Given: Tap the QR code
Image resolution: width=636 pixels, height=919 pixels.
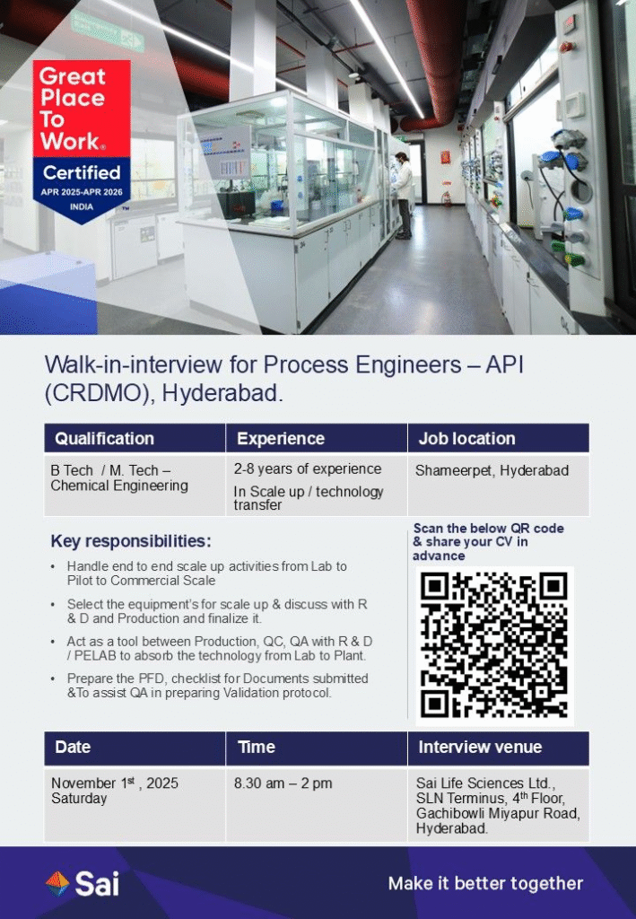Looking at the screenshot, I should coord(494,645).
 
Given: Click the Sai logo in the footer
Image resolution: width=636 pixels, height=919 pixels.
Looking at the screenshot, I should coord(83,883).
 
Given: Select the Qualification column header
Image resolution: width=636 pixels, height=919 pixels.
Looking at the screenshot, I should coord(105,439).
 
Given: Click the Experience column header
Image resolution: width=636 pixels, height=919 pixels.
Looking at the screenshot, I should coord(281,439).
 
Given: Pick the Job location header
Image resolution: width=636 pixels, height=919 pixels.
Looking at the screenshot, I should coord(466,439).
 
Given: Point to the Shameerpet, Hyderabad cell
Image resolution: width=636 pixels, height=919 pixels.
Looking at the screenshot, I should coord(492,470).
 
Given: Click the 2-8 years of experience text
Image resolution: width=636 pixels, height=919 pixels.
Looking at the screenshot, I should coord(308,468).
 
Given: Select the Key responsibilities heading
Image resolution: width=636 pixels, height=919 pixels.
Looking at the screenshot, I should coord(131,541).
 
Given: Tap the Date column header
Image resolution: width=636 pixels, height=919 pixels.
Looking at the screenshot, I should coord(73,747).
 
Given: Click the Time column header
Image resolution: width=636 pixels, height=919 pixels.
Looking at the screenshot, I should coord(257,747).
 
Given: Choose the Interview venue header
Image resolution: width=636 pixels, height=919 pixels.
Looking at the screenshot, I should coord(480,747).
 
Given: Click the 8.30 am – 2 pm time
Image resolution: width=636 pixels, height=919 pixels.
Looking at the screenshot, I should coord(283,783).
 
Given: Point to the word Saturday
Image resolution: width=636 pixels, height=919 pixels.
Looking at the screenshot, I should coord(79,799).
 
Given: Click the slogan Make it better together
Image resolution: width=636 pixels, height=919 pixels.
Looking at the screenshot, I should coord(485,884).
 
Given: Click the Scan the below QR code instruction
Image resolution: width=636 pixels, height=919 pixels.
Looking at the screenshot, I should coord(488,542).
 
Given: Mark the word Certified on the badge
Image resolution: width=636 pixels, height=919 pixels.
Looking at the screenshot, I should coord(82,171).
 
